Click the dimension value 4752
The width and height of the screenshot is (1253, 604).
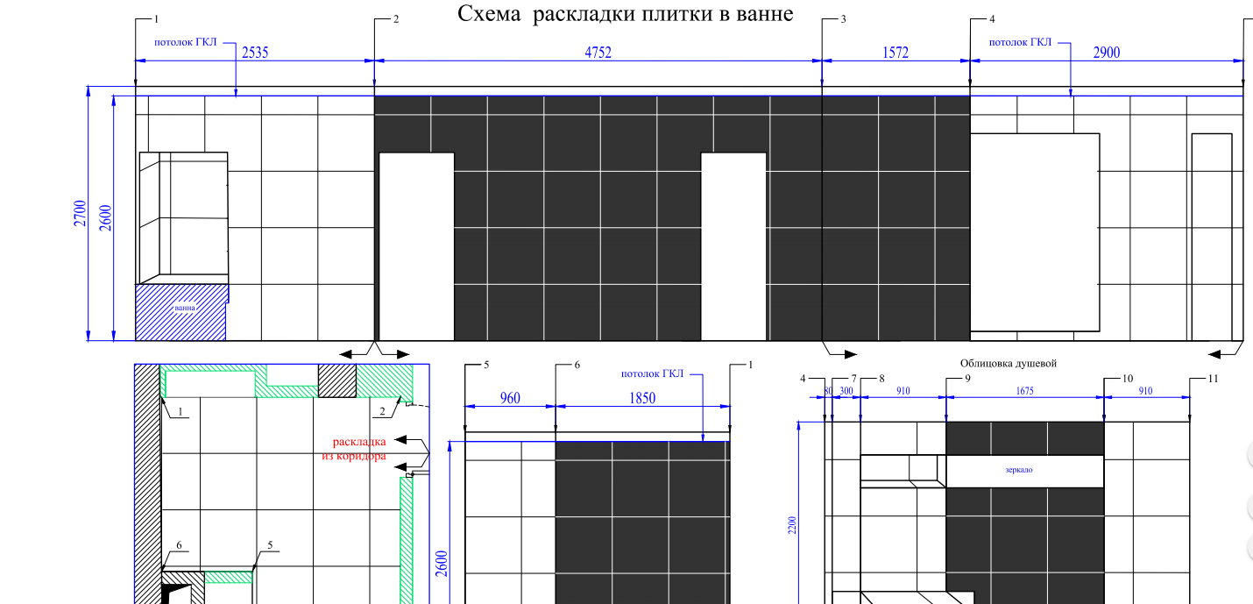598,53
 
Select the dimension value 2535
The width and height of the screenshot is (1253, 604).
255,53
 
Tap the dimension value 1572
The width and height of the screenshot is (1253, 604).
896,53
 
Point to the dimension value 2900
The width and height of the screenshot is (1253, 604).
1107,53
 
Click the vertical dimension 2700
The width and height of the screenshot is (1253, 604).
80,213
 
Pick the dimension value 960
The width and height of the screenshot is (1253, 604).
510,398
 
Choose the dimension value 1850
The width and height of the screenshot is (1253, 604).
642,398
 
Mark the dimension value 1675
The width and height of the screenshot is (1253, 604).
1025,391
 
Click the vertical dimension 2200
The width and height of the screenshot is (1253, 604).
792,525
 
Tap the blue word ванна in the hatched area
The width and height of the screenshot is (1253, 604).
185,308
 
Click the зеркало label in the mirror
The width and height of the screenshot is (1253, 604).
1019,470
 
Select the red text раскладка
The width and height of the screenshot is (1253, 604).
359,442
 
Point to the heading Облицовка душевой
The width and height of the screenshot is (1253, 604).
1008,363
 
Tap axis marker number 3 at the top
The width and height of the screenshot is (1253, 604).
844,19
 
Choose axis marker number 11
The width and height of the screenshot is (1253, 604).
1213,379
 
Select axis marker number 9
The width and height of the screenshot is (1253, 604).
967,379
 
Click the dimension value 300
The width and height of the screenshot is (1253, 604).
846,391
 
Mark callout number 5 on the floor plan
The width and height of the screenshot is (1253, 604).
270,544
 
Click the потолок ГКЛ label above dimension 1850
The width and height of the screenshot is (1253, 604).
652,373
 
